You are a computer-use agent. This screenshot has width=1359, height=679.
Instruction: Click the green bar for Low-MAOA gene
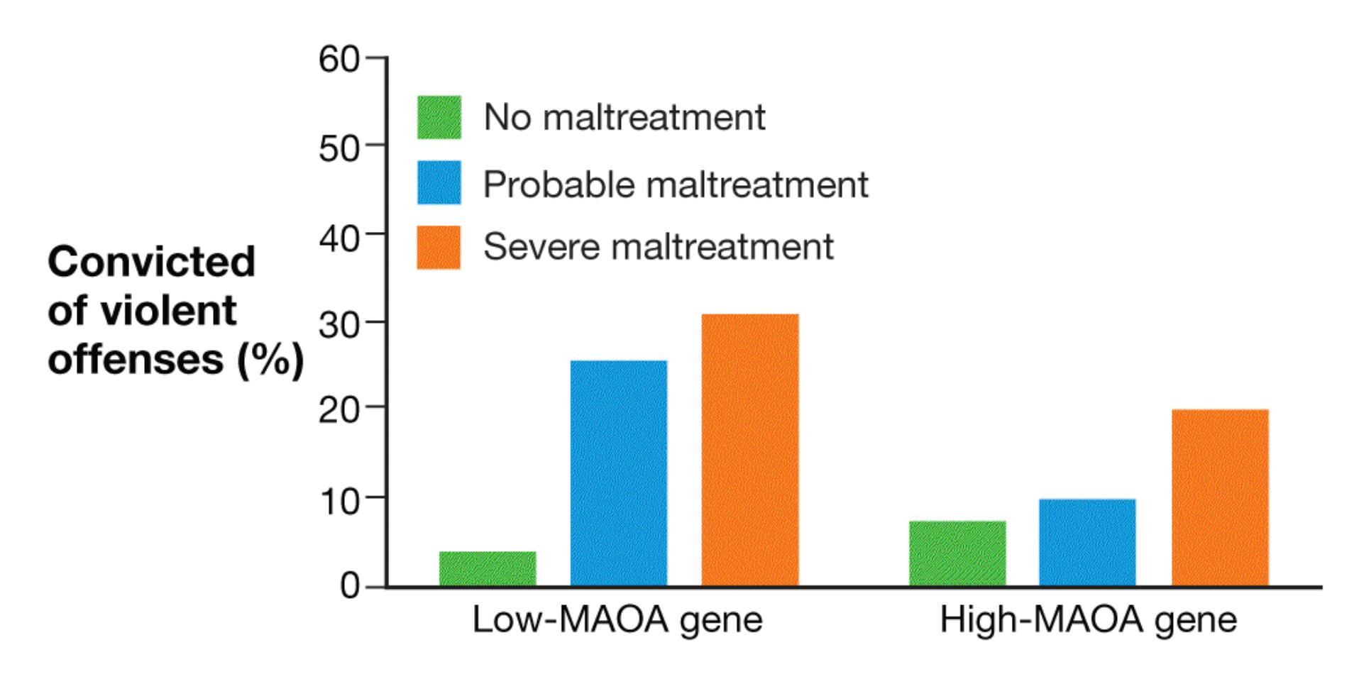coord(488,568)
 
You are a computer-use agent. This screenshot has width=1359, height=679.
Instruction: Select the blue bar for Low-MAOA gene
coord(619,473)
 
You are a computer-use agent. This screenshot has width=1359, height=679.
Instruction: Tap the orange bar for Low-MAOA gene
coord(750,450)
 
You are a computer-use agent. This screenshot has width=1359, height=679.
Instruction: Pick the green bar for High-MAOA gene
coord(957,553)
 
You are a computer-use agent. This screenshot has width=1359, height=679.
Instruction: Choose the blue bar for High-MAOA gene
coord(1087,543)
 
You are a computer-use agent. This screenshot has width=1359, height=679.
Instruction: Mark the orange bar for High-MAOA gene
coord(1220,497)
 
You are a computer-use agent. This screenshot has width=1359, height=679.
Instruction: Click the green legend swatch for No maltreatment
coord(439,117)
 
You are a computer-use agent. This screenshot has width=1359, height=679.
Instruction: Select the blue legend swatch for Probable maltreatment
coord(439,182)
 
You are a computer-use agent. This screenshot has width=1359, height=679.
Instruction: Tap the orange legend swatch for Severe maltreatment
coord(439,248)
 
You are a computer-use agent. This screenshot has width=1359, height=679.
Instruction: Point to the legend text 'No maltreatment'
coord(625,117)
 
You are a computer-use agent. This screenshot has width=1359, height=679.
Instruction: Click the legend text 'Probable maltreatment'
coord(676,184)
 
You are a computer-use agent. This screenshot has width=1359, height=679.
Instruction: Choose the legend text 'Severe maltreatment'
coord(659,247)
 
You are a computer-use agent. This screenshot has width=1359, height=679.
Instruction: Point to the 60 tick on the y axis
coord(375,57)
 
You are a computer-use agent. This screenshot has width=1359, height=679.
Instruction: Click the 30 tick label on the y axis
coord(339,324)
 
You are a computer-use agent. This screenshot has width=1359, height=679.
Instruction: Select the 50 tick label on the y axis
coord(339,148)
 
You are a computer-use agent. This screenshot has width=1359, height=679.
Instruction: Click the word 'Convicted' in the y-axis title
coord(151,261)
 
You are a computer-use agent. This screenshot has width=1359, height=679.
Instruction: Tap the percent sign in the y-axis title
coord(271,360)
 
